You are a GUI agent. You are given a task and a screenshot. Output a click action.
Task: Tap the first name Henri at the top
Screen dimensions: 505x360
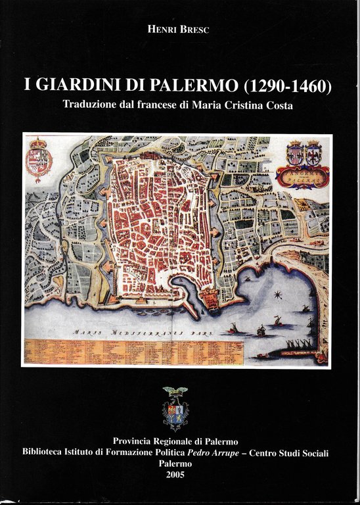165,28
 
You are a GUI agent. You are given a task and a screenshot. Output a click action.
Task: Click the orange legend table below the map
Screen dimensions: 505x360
131,352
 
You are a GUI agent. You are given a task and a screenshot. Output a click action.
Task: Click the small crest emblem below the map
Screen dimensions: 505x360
175,408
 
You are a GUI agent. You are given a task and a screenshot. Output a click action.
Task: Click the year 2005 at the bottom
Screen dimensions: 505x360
176,475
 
